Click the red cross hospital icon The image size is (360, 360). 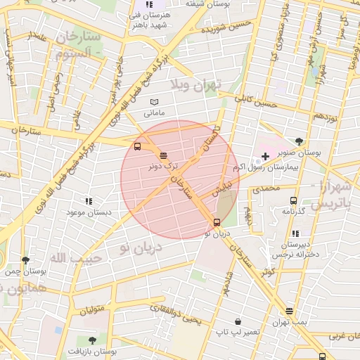(x=264, y=155)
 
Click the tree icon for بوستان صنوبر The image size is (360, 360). (x=300, y=141)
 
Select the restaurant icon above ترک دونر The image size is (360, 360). (x=164, y=155)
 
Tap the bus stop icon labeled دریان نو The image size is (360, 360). (x=216, y=222)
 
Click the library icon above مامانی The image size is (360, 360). (x=154, y=102)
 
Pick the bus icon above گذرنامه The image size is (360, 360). (x=292, y=200)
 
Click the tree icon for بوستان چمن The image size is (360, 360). (x=25, y=260)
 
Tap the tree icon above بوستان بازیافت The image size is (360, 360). (x=92, y=340)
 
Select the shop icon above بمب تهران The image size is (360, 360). (x=289, y=310)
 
